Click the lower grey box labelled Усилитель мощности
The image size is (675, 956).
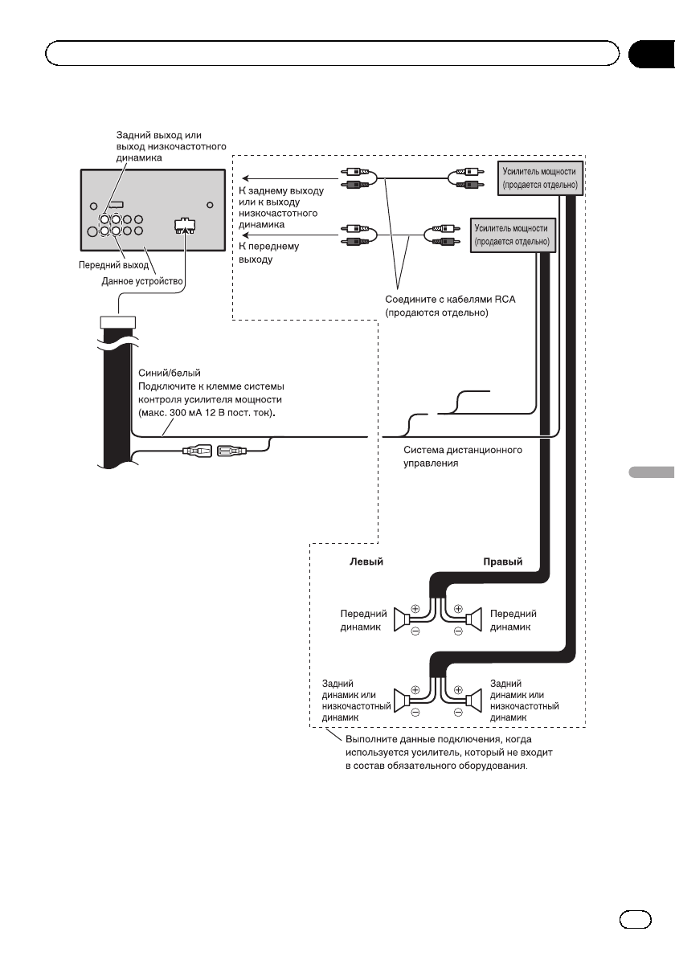(x=512, y=235)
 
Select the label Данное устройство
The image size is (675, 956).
(x=142, y=281)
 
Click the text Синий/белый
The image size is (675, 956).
(x=165, y=374)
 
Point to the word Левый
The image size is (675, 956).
(x=365, y=562)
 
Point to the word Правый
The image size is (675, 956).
(x=502, y=562)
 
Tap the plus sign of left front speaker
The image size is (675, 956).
(x=415, y=608)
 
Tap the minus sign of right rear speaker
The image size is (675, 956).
(x=457, y=712)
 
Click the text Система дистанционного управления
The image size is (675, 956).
(x=462, y=456)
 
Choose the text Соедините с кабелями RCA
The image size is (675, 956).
(x=450, y=299)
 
